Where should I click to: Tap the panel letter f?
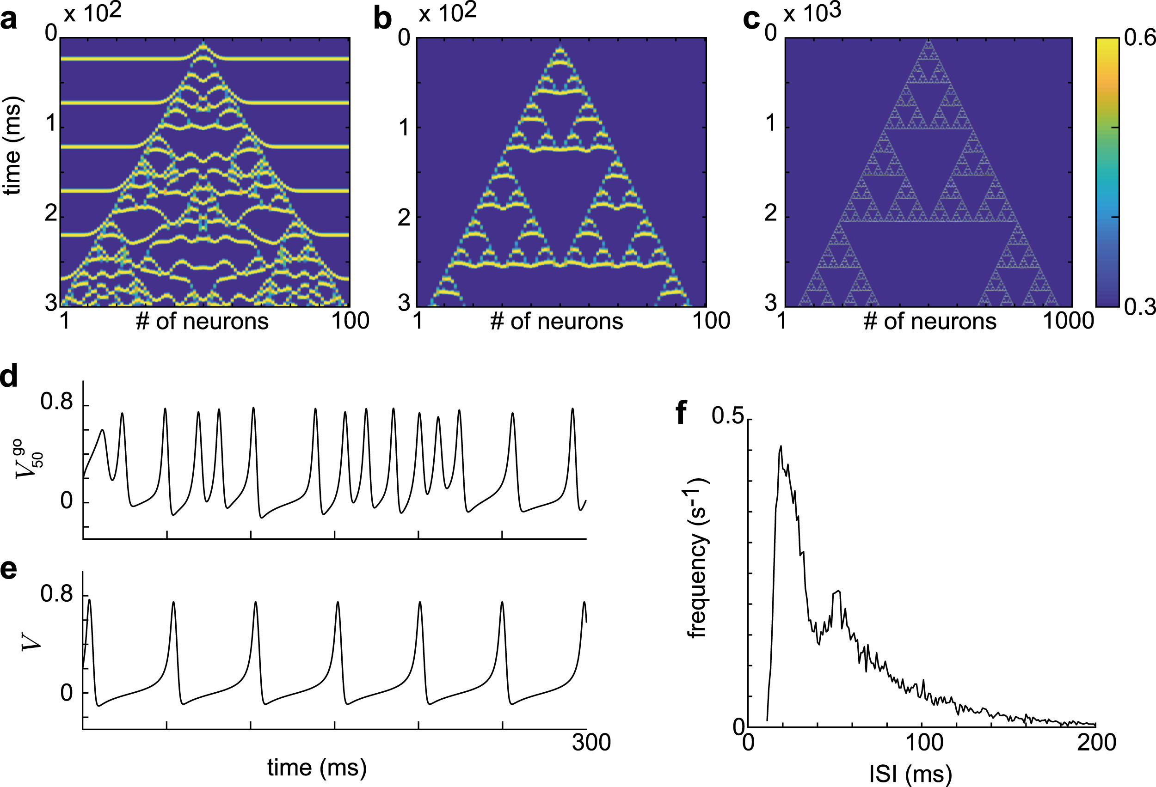click(682, 413)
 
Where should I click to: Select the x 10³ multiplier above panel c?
click(812, 13)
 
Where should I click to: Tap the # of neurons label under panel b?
click(556, 322)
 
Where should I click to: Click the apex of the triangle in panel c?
click(928, 41)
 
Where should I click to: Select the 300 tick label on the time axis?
click(591, 743)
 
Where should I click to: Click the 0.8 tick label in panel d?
click(56, 402)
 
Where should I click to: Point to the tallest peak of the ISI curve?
click(781, 446)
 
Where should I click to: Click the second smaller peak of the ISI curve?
click(838, 591)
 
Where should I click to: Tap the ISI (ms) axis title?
click(910, 774)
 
